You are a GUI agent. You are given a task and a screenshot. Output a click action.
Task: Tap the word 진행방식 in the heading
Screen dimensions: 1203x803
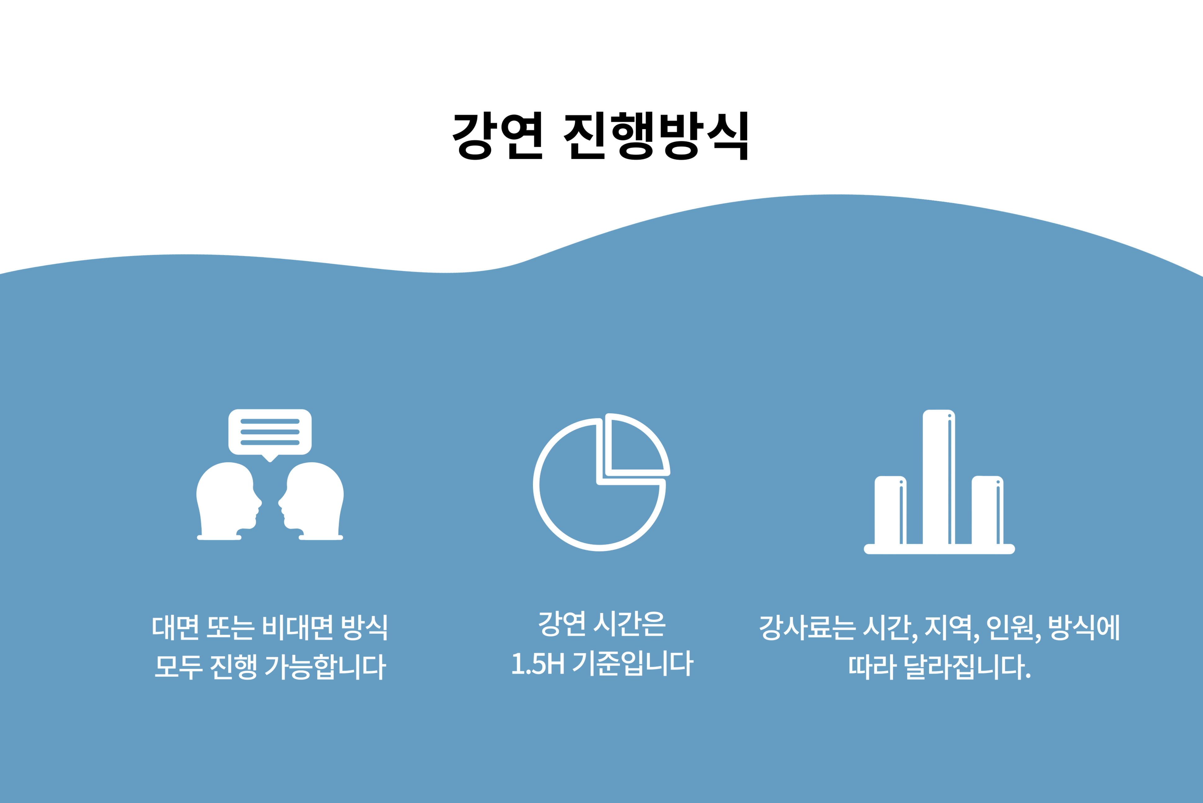[656, 136]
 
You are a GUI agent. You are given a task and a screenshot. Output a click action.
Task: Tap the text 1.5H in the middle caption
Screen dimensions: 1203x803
[538, 663]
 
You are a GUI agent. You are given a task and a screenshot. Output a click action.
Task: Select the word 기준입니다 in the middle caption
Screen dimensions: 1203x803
[633, 663]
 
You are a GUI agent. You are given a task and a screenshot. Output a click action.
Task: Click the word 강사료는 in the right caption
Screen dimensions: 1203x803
[808, 627]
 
